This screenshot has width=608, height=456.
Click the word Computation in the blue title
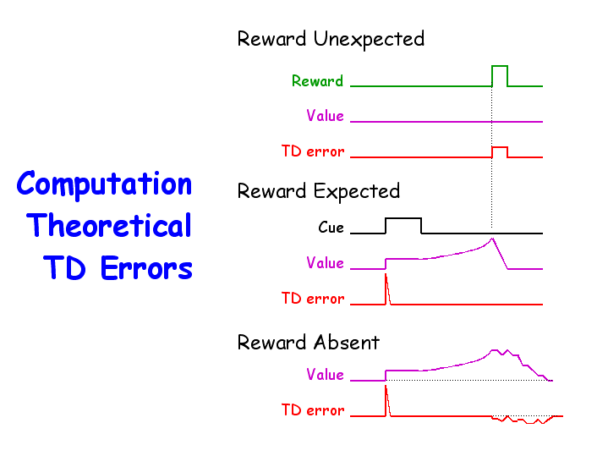click(x=104, y=184)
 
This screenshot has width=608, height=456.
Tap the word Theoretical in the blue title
click(x=109, y=225)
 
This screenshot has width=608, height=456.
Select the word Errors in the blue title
click(x=146, y=267)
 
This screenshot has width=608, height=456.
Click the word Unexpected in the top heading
click(x=369, y=40)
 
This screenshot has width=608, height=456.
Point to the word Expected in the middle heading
click(x=357, y=192)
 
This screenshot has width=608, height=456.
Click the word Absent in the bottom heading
click(x=347, y=343)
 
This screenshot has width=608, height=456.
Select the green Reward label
click(x=317, y=81)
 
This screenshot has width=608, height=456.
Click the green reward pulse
click(x=500, y=66)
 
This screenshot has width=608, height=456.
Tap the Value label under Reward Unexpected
click(x=325, y=116)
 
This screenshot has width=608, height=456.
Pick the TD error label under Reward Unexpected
click(x=313, y=151)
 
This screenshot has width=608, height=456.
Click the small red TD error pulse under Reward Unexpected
click(x=500, y=147)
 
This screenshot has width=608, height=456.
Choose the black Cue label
click(x=331, y=228)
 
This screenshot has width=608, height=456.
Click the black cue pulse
click(x=403, y=219)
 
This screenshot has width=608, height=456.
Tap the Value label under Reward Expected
click(x=325, y=263)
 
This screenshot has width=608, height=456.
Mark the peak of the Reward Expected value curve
click(x=492, y=239)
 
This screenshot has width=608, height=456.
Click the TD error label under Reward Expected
click(x=313, y=299)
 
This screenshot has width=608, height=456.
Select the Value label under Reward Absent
click(x=325, y=375)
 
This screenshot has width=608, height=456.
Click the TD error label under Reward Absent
click(x=313, y=410)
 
